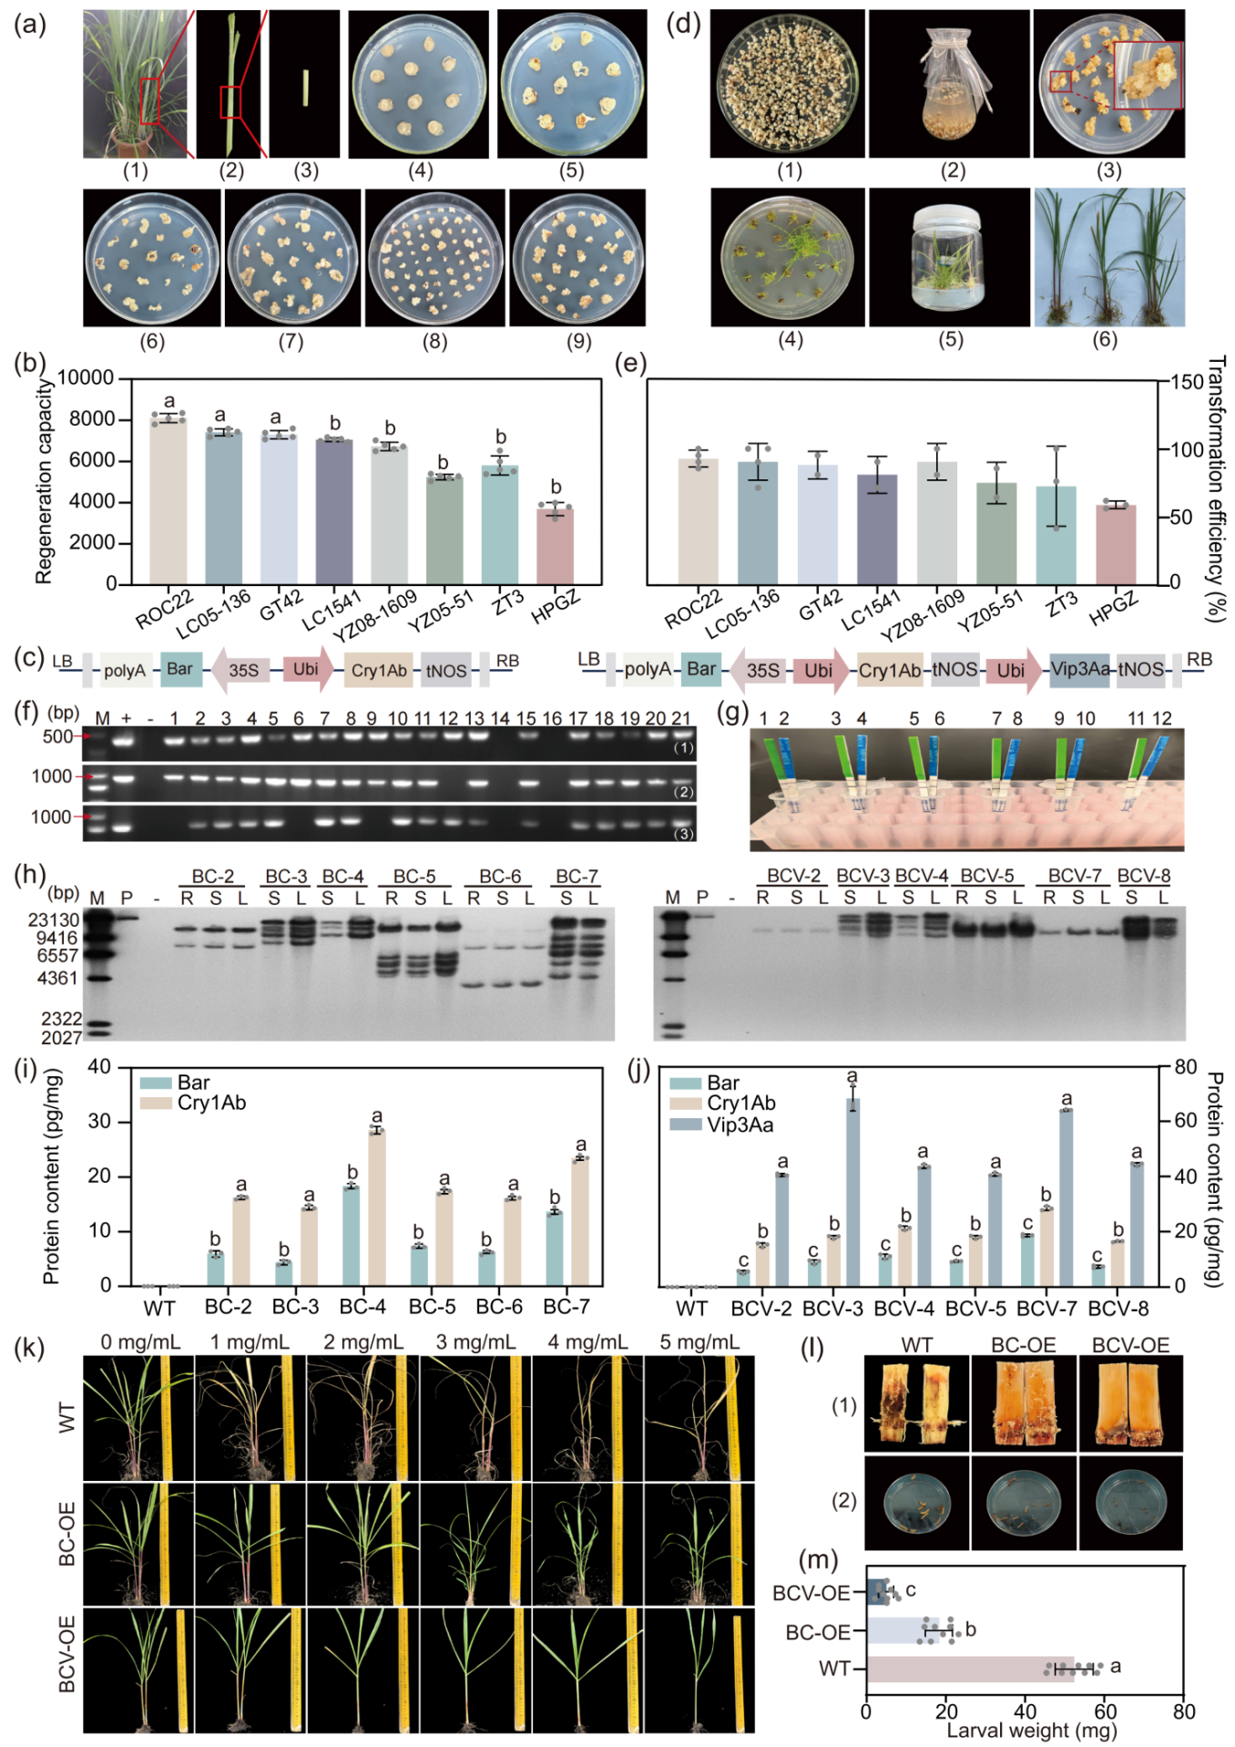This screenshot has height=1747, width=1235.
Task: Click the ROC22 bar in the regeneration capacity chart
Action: [x=168, y=501]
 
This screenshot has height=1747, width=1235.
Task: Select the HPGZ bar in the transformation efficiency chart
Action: [x=1115, y=545]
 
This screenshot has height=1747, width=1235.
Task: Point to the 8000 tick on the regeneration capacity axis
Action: [x=93, y=419]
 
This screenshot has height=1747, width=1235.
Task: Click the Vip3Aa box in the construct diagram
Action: [x=1081, y=670]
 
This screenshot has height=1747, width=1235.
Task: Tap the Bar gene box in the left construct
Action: [x=179, y=670]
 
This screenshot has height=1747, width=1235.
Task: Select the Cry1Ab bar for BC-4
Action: [x=376, y=1207]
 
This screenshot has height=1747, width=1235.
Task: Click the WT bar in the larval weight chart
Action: [x=970, y=1669]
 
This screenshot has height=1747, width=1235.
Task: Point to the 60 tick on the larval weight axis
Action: [x=1105, y=1711]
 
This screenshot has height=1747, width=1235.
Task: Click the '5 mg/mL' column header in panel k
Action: [x=699, y=1341]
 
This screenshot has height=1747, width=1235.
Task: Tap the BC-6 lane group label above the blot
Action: [x=500, y=876]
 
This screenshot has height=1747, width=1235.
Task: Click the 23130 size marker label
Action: [x=54, y=920]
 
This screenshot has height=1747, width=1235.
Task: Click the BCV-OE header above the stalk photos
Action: [x=1130, y=1345]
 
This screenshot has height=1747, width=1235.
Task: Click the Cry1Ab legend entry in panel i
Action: [x=193, y=1104]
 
